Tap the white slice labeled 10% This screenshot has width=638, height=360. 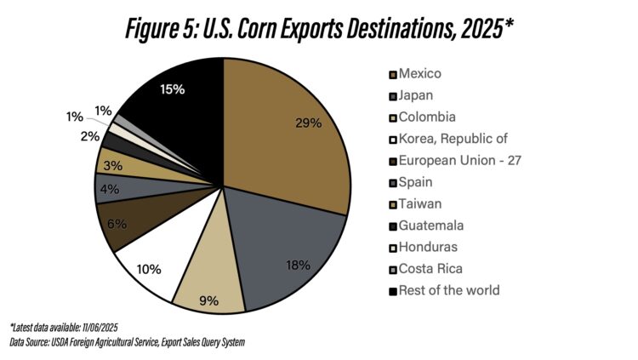(x=146, y=268)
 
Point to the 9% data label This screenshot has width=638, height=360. (x=208, y=300)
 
